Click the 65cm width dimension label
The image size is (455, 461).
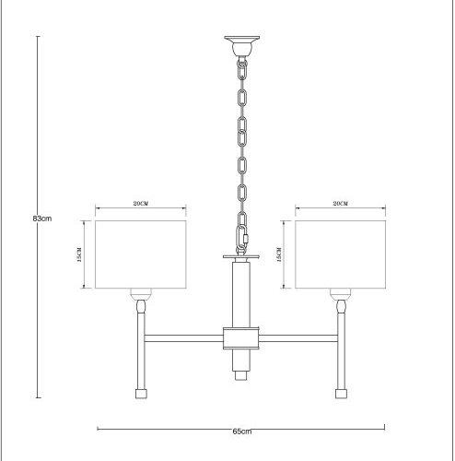coord(241,430)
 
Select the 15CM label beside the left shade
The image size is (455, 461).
coord(81,254)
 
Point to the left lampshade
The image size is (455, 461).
coord(141,254)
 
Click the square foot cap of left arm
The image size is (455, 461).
coord(141,393)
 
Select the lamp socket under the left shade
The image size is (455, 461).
coord(141,300)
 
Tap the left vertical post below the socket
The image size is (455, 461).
coord(141,350)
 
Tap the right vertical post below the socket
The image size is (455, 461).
coord(342,350)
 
